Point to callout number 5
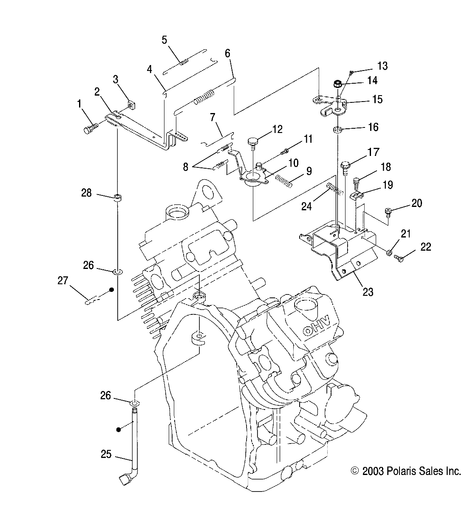164,40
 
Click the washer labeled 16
338,129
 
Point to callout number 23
368,292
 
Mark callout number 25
106,455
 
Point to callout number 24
306,206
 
